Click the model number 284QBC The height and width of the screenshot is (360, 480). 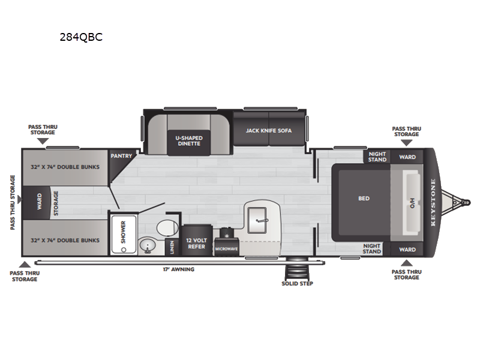tap(81, 37)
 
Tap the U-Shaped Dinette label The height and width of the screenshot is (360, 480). tap(189, 140)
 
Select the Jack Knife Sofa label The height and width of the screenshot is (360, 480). tap(269, 131)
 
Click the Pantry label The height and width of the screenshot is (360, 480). tap(121, 156)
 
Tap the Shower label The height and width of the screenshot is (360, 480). tap(124, 232)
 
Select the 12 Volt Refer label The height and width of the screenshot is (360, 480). tap(197, 244)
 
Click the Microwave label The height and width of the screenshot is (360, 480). tap(226, 249)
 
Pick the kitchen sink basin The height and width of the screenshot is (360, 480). tap(257, 220)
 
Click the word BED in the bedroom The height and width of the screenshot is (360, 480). tap(364, 199)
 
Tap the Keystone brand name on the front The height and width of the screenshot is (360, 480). tap(433, 202)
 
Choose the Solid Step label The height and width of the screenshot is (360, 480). tap(297, 284)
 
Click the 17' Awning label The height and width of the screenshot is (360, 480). tap(178, 269)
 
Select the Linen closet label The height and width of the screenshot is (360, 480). tap(172, 247)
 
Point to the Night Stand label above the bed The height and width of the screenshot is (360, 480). tap(377, 157)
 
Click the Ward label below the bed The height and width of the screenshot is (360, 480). tap(407, 250)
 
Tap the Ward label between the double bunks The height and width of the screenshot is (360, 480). tap(40, 202)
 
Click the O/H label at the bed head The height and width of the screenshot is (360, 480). tap(412, 203)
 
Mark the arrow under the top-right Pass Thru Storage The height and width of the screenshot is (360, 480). tap(407, 143)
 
